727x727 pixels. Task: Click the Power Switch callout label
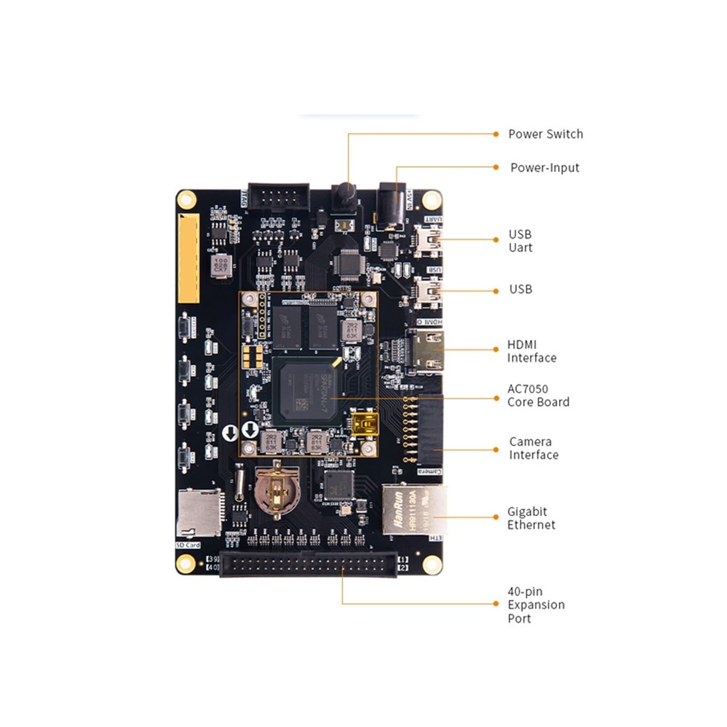[x=545, y=134]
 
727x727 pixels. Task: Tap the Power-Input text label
[x=544, y=168]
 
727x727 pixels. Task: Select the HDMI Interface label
[x=531, y=351]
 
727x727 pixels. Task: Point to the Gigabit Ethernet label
[x=531, y=518]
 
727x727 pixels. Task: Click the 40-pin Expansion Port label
[x=536, y=605]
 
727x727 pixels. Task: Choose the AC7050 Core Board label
[x=538, y=395]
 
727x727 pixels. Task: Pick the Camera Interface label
[x=533, y=448]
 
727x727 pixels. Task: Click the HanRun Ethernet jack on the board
[x=413, y=510]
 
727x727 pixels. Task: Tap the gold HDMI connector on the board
[x=427, y=350]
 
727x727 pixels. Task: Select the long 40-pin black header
[x=308, y=565]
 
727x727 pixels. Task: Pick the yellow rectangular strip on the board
[x=189, y=258]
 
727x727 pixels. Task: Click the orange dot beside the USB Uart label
[x=496, y=239]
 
